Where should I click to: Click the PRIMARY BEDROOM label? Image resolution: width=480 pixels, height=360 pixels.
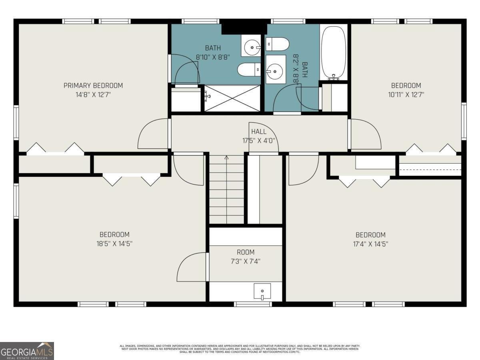click(x=93, y=85)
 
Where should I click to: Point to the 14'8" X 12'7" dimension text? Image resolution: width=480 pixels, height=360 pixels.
click(x=93, y=95)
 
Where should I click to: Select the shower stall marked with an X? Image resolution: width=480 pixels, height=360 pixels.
click(x=232, y=98)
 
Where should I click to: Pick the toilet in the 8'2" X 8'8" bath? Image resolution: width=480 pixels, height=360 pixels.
click(x=278, y=44)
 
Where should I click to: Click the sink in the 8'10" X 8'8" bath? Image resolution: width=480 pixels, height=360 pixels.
click(x=252, y=48)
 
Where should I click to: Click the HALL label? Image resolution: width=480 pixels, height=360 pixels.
click(x=258, y=132)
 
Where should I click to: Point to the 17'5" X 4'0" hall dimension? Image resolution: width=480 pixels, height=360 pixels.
click(x=258, y=141)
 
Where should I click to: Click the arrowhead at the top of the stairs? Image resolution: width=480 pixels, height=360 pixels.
click(x=226, y=157)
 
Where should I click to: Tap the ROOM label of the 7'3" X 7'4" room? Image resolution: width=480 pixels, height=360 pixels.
click(x=245, y=252)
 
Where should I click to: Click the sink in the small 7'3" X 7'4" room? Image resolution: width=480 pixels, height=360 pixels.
click(x=262, y=291)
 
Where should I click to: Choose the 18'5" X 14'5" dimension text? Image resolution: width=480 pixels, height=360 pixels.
click(x=114, y=244)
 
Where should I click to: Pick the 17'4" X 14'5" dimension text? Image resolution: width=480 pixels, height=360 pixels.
click(x=370, y=244)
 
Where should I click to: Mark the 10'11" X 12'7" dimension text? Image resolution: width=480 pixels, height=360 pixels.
click(x=406, y=95)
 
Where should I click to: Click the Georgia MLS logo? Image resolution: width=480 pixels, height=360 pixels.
click(x=27, y=351)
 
